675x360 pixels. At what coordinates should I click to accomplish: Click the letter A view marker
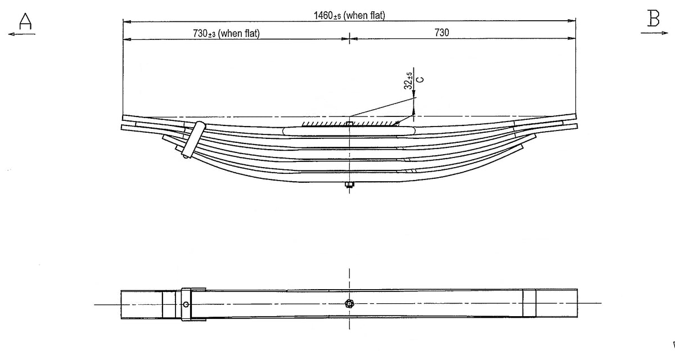click(x=25, y=21)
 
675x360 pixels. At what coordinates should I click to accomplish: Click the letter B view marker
click(x=653, y=19)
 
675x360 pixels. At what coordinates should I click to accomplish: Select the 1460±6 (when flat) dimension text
click(x=349, y=15)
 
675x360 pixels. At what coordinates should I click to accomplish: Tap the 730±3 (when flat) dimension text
click(x=226, y=33)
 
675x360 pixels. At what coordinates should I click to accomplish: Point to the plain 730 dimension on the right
click(x=442, y=33)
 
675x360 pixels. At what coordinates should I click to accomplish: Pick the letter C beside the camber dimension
click(x=420, y=79)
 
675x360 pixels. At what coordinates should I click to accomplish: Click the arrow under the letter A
click(x=22, y=34)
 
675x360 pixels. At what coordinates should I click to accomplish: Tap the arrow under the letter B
click(x=654, y=33)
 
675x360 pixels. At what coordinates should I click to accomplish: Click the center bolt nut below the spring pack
click(x=349, y=184)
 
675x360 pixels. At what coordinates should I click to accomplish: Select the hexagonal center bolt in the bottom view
click(x=349, y=304)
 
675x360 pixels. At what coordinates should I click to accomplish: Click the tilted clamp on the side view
click(x=193, y=139)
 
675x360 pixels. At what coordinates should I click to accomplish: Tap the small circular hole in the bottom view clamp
click(x=186, y=304)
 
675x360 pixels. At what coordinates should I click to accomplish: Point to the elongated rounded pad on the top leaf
click(x=349, y=131)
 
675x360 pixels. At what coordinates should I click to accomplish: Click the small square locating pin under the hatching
click(x=349, y=124)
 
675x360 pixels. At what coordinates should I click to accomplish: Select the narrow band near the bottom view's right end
click(x=529, y=303)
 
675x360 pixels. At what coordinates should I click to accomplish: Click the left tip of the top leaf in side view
click(x=123, y=118)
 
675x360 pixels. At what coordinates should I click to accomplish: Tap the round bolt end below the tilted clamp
click(x=185, y=156)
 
